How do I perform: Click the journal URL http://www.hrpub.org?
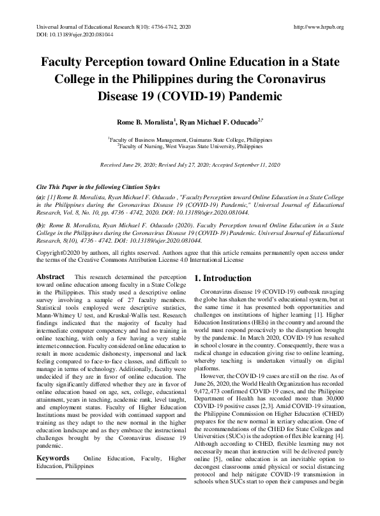(x=317, y=27)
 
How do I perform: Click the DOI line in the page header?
(x=65, y=35)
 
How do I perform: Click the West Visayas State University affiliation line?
(x=190, y=146)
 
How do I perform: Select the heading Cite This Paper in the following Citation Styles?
(x=98, y=186)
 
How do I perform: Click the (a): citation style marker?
(x=41, y=199)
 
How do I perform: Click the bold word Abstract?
(x=50, y=277)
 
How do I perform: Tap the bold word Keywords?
(x=54, y=459)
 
